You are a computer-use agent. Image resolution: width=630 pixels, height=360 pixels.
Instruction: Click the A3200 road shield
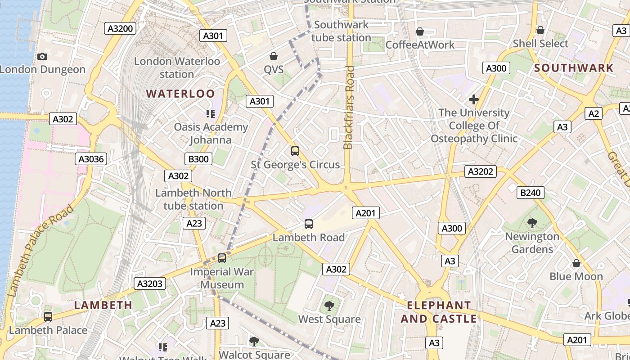click(x=121, y=29)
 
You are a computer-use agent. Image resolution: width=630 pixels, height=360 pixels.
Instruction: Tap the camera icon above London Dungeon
click(x=42, y=56)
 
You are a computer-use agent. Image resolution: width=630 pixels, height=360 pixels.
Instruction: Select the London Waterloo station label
click(x=177, y=67)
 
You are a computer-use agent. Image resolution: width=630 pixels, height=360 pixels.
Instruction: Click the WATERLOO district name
click(x=180, y=94)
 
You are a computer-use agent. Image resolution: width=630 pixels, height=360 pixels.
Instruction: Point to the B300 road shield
click(x=198, y=158)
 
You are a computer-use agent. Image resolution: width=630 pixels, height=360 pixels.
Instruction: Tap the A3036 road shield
click(x=91, y=158)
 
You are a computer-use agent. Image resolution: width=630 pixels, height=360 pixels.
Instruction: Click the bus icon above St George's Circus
click(x=295, y=151)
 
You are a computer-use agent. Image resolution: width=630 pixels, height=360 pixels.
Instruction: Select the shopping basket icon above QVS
click(x=273, y=56)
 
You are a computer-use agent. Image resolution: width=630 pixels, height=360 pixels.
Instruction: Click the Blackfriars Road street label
click(x=349, y=108)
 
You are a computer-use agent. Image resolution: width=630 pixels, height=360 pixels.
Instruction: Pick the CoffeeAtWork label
click(x=420, y=45)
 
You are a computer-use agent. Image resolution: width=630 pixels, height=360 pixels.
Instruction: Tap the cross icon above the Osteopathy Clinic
click(x=473, y=99)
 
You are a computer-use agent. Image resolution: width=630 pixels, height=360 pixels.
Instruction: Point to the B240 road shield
click(x=530, y=193)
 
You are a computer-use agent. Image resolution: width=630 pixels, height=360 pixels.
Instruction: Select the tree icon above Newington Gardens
click(x=532, y=223)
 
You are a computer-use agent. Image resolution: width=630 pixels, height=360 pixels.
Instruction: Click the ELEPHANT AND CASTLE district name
click(x=439, y=312)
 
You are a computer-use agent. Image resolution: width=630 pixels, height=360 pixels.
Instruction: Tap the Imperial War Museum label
click(x=222, y=278)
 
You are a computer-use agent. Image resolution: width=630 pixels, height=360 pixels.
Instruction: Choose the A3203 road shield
click(x=150, y=283)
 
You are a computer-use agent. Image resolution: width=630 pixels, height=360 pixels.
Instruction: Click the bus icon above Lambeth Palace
click(x=48, y=317)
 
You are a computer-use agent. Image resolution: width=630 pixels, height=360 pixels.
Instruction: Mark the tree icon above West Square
click(x=329, y=306)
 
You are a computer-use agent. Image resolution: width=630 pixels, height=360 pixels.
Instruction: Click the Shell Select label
click(x=540, y=44)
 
